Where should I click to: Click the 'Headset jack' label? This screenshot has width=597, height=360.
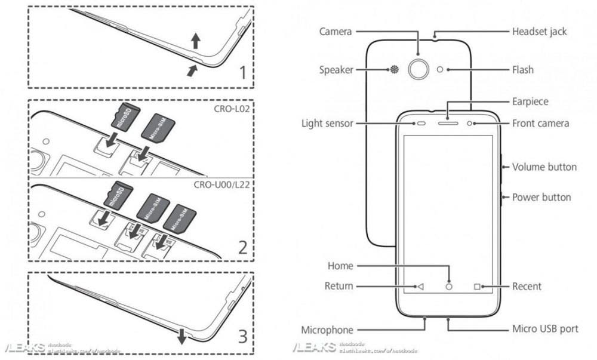(x=539, y=31)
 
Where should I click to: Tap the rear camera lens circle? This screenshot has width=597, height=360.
(x=418, y=70)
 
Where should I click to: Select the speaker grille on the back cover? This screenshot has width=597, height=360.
(x=394, y=70)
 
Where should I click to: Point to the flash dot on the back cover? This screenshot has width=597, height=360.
(x=441, y=70)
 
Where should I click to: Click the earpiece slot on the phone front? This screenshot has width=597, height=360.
(x=448, y=124)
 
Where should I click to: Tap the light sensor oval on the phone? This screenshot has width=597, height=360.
(x=420, y=124)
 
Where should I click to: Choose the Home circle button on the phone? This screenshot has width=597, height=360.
(x=449, y=287)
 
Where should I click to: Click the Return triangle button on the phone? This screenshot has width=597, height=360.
(x=420, y=287)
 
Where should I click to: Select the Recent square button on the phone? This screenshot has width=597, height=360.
(x=477, y=287)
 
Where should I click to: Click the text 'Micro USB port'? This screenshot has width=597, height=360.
(x=545, y=329)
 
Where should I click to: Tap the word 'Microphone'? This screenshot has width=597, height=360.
(x=327, y=330)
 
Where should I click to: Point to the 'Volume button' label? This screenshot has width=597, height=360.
(x=544, y=167)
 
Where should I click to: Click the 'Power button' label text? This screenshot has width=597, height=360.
(x=541, y=197)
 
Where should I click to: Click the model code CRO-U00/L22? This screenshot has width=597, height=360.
(x=222, y=185)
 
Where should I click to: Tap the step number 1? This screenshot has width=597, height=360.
(x=242, y=73)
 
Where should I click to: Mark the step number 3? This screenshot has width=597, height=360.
(x=242, y=337)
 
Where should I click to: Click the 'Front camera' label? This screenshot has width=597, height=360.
(x=540, y=124)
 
